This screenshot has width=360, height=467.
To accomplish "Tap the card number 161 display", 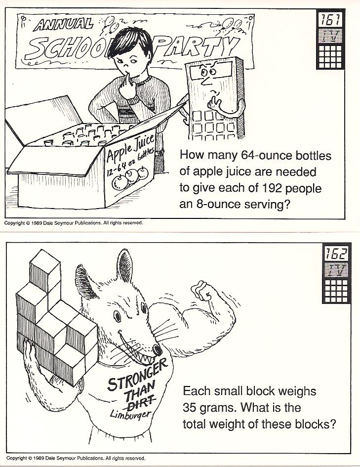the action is pos(330,20).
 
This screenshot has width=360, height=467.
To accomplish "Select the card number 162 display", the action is pos(336,254).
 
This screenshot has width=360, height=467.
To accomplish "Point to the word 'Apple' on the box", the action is pos(117,152).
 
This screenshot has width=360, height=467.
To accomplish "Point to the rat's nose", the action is pos(157,349).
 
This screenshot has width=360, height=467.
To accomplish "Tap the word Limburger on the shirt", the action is pos(131,413).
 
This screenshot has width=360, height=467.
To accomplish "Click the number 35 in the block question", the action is pos(190,407).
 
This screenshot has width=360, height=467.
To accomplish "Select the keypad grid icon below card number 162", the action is pos(336,291).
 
